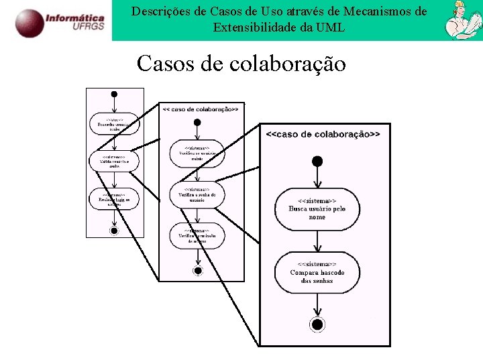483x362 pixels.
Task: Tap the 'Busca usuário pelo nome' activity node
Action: coord(317,208)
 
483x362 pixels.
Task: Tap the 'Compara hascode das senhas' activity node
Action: coord(317,272)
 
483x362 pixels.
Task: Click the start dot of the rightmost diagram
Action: coord(317,161)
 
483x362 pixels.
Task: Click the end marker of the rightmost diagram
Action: coord(317,324)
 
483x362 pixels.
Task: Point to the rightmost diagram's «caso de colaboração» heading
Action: coord(323,134)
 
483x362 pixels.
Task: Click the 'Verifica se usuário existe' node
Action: coord(197,153)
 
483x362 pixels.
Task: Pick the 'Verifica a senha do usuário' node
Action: coord(197,194)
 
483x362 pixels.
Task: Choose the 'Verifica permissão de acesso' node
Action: coord(197,235)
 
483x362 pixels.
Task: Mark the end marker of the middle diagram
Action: coord(197,271)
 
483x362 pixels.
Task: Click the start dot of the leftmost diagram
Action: coord(114,94)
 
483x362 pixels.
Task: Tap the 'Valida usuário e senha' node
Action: coord(114,161)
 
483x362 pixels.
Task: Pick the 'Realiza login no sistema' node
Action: coord(114,199)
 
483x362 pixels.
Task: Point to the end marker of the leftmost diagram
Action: coord(114,231)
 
